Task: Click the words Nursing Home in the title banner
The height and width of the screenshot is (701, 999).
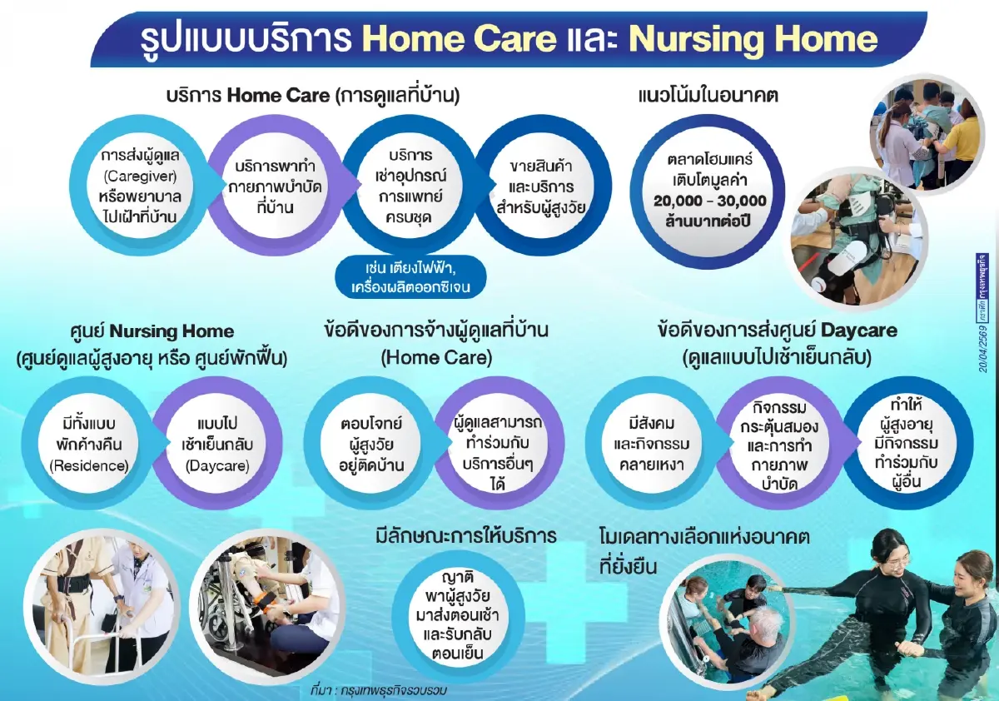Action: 753,38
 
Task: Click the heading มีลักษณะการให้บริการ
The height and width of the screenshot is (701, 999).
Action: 465,535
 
